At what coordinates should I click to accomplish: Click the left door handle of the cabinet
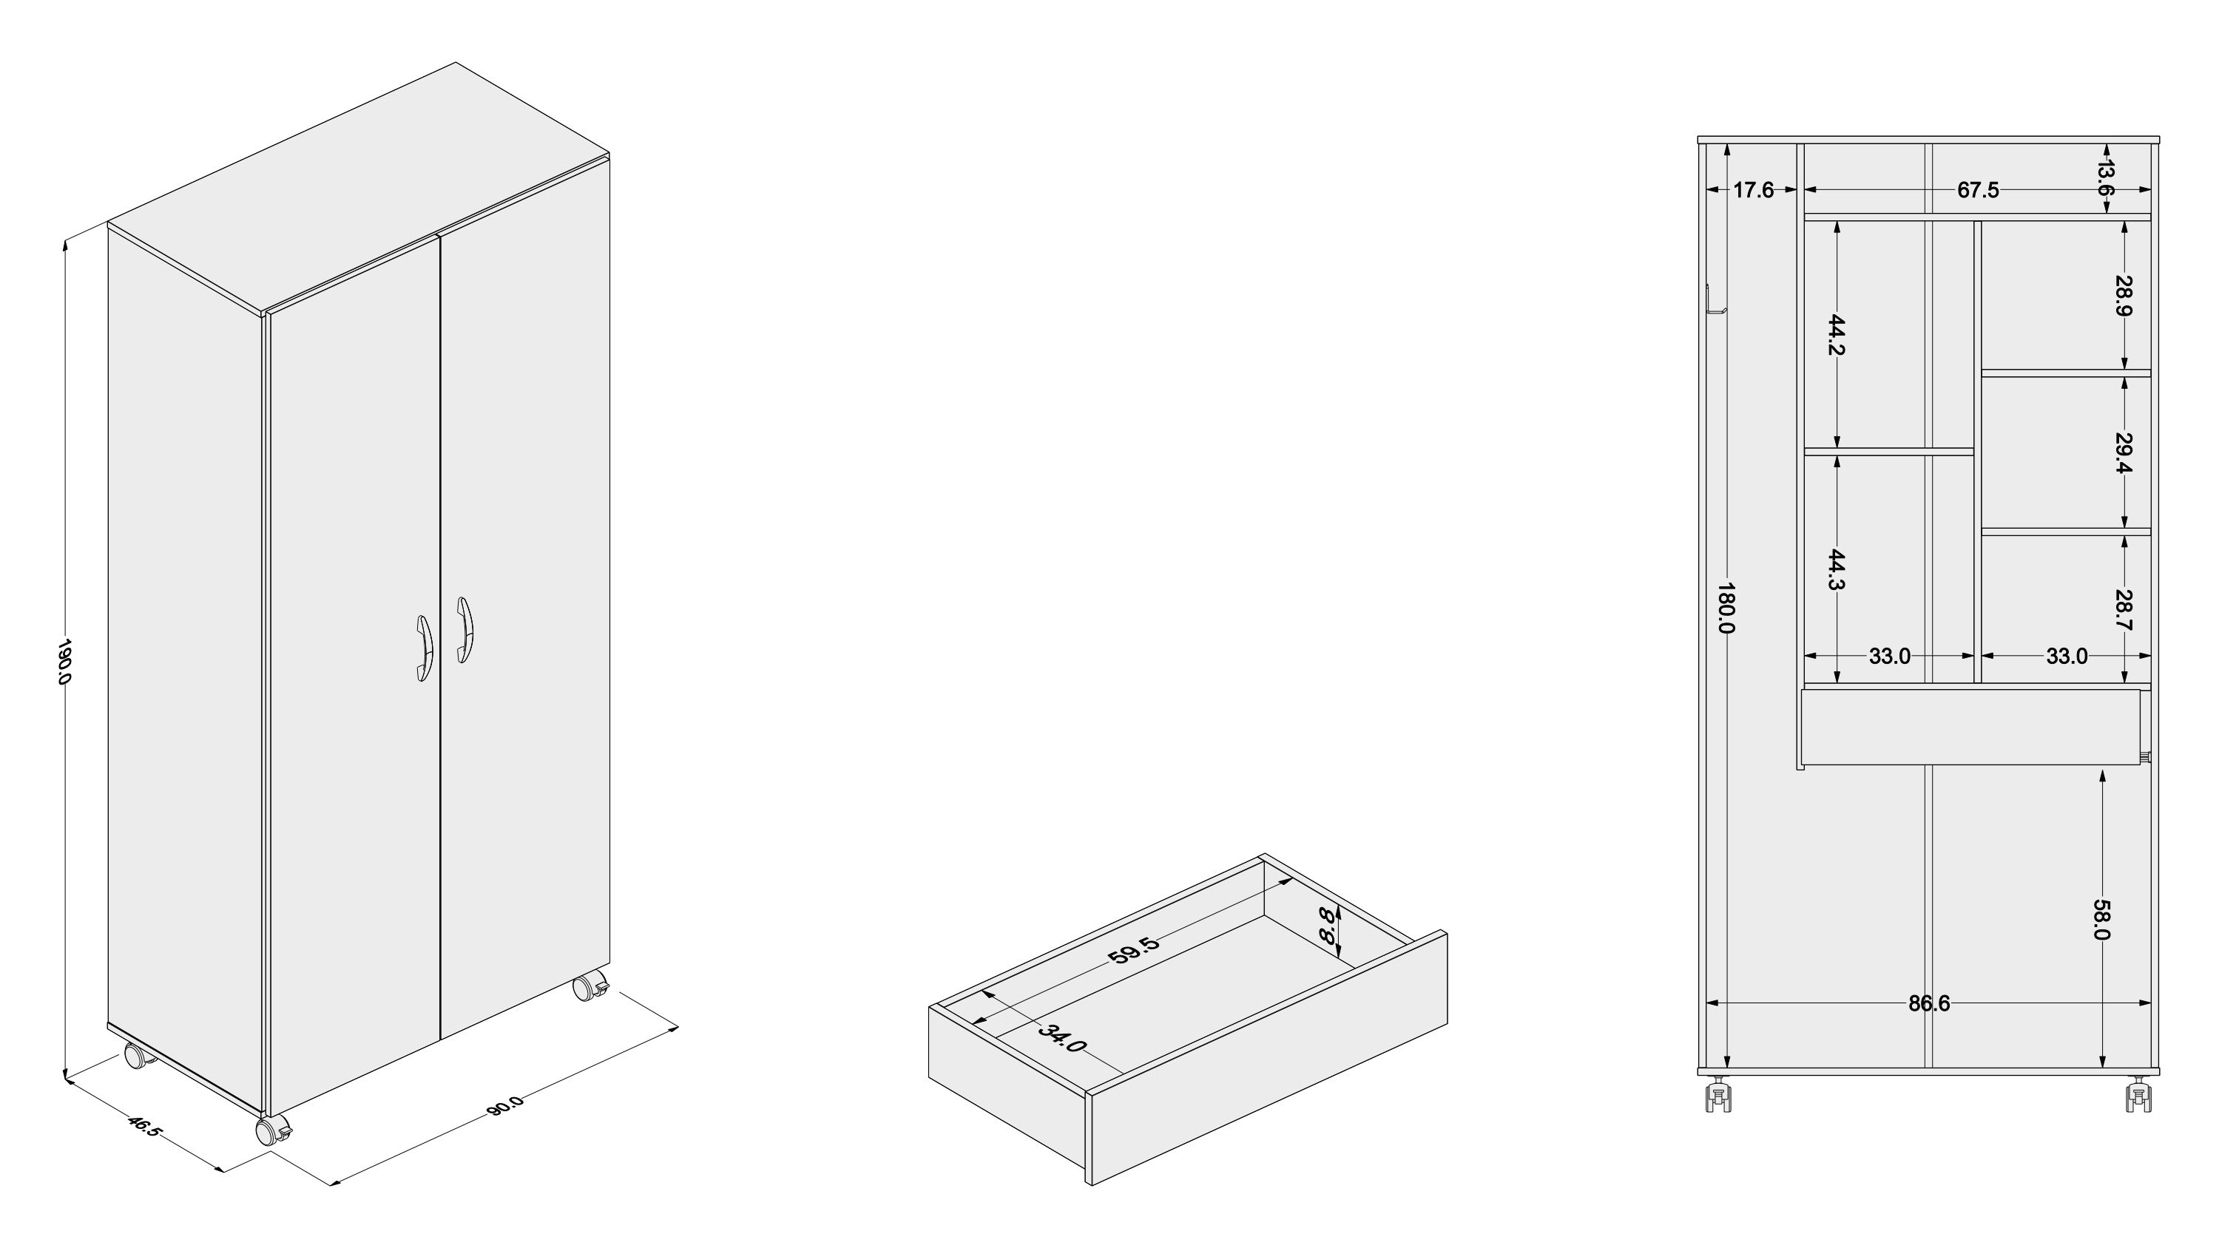pyautogui.click(x=424, y=648)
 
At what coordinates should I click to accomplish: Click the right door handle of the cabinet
pyautogui.click(x=465, y=630)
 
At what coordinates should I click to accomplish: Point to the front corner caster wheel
pyautogui.click(x=274, y=1128)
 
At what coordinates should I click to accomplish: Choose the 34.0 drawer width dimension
pyautogui.click(x=1061, y=1038)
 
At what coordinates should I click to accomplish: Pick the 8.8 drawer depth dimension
pyautogui.click(x=1331, y=925)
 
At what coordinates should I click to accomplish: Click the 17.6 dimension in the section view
pyautogui.click(x=1753, y=189)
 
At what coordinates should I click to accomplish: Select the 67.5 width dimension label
pyautogui.click(x=1978, y=189)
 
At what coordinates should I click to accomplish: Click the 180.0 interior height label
pyautogui.click(x=1726, y=608)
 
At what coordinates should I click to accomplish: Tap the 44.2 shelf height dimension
pyautogui.click(x=1836, y=335)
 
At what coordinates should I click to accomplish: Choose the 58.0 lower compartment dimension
pyautogui.click(x=2101, y=920)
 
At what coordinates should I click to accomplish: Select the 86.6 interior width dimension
pyautogui.click(x=1929, y=1003)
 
